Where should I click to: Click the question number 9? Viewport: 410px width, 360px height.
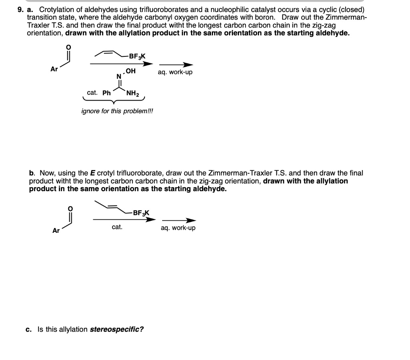point(20,9)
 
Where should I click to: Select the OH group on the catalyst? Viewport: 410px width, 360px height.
point(131,71)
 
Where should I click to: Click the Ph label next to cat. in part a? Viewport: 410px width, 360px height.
point(107,93)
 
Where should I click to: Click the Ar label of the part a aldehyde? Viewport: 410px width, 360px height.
point(54,69)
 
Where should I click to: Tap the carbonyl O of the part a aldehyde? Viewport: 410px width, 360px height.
point(68,47)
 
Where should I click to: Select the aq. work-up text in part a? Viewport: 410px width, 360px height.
point(175,72)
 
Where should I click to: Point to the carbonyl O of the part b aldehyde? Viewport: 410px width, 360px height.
point(71,208)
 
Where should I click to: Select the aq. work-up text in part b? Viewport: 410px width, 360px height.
point(178,228)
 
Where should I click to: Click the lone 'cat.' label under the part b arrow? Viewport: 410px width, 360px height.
point(117,227)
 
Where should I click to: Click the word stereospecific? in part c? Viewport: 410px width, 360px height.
point(117,330)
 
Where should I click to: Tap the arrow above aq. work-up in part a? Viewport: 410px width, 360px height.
point(176,65)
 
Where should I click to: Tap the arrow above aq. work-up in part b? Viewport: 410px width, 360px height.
point(179,220)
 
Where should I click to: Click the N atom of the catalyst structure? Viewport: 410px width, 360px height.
point(119,76)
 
